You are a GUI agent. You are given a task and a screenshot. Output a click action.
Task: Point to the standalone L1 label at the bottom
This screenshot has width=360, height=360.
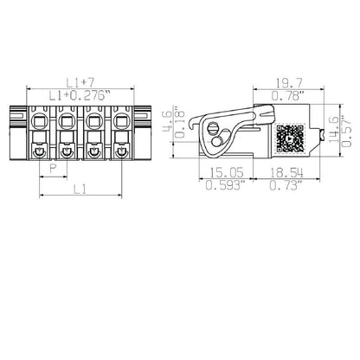79,188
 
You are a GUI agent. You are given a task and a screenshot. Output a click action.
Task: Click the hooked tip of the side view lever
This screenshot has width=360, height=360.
201,119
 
